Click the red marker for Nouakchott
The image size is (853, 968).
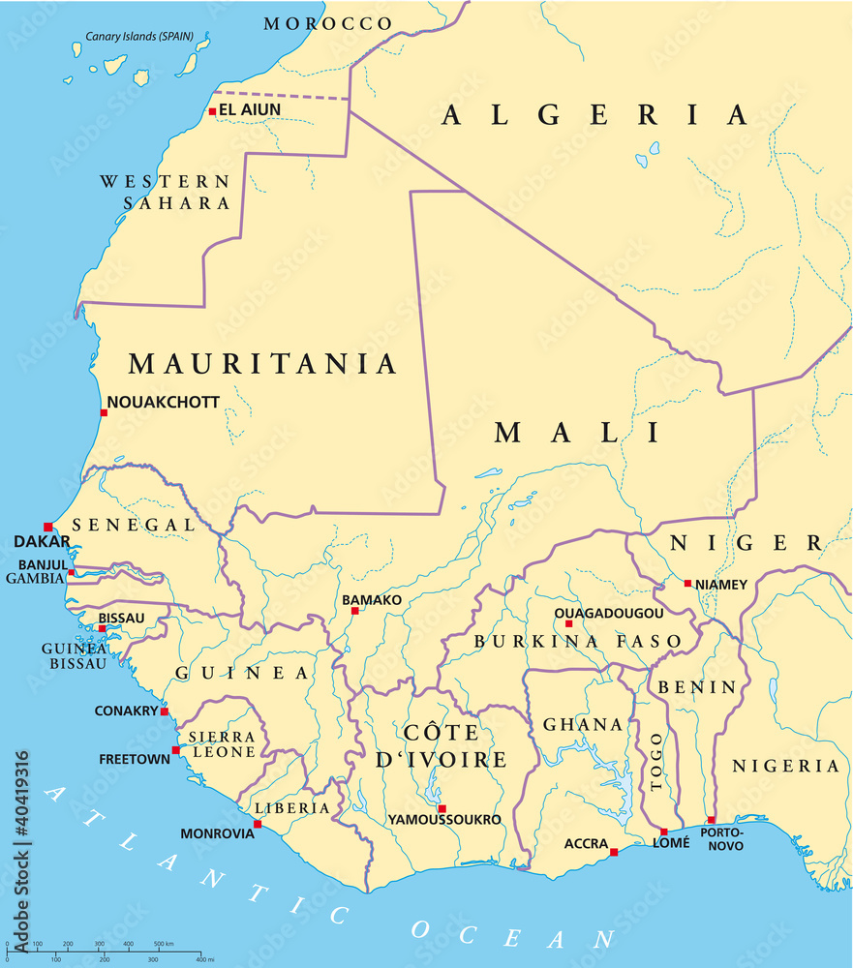(x=104, y=412)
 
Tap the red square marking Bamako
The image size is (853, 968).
(x=354, y=611)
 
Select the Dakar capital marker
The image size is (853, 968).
(x=47, y=527)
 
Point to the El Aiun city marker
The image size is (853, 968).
(x=212, y=111)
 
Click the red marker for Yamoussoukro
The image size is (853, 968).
(x=442, y=808)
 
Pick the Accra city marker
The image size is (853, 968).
(x=614, y=852)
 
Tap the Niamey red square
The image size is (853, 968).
(x=687, y=584)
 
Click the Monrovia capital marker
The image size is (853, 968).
(x=258, y=824)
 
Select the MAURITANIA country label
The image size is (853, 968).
(x=262, y=364)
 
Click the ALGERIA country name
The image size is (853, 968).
(x=594, y=115)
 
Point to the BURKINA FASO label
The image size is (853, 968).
(x=577, y=641)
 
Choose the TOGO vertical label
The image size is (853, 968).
(x=658, y=761)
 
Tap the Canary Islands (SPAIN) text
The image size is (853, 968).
(x=139, y=38)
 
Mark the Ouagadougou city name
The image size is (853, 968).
(x=609, y=613)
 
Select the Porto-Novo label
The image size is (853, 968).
(x=722, y=839)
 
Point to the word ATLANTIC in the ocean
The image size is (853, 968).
(x=194, y=852)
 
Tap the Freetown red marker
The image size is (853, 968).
(x=175, y=750)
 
